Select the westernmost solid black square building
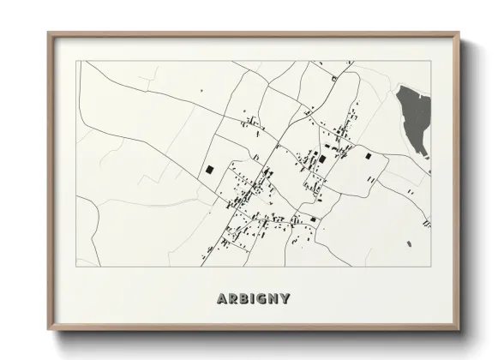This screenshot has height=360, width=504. click(x=208, y=170)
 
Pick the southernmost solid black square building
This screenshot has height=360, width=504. click(x=314, y=219)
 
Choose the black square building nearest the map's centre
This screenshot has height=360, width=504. click(x=322, y=159)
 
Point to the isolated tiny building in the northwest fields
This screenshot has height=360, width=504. click(x=201, y=88)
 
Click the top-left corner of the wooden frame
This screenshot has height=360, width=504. click(x=48, y=33)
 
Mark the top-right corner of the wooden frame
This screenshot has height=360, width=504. click(x=460, y=33)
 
